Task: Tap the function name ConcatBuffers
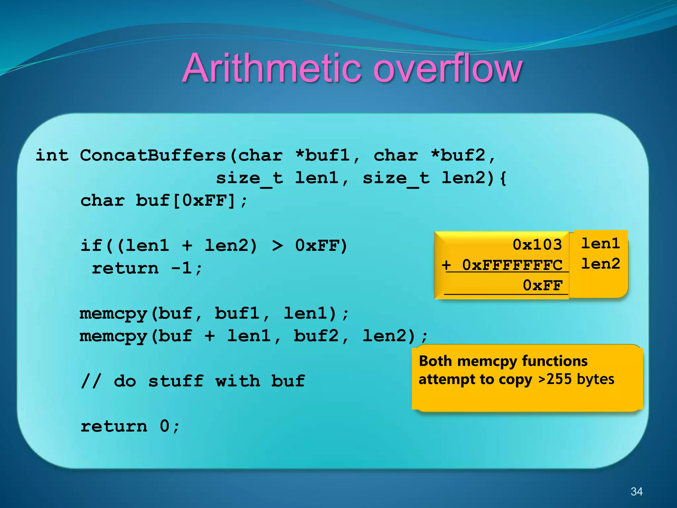click(x=153, y=155)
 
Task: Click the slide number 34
click(x=636, y=491)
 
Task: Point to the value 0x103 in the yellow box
click(x=537, y=245)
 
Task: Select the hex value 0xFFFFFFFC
click(x=512, y=265)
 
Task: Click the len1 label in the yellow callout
click(x=600, y=244)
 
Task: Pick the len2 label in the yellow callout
click(x=600, y=264)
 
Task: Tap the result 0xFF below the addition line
click(x=542, y=285)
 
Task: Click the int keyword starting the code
click(x=52, y=155)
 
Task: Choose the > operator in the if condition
click(x=277, y=246)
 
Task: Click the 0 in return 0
click(x=165, y=426)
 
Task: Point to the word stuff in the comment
click(x=176, y=381)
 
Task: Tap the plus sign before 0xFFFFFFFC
click(x=447, y=265)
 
